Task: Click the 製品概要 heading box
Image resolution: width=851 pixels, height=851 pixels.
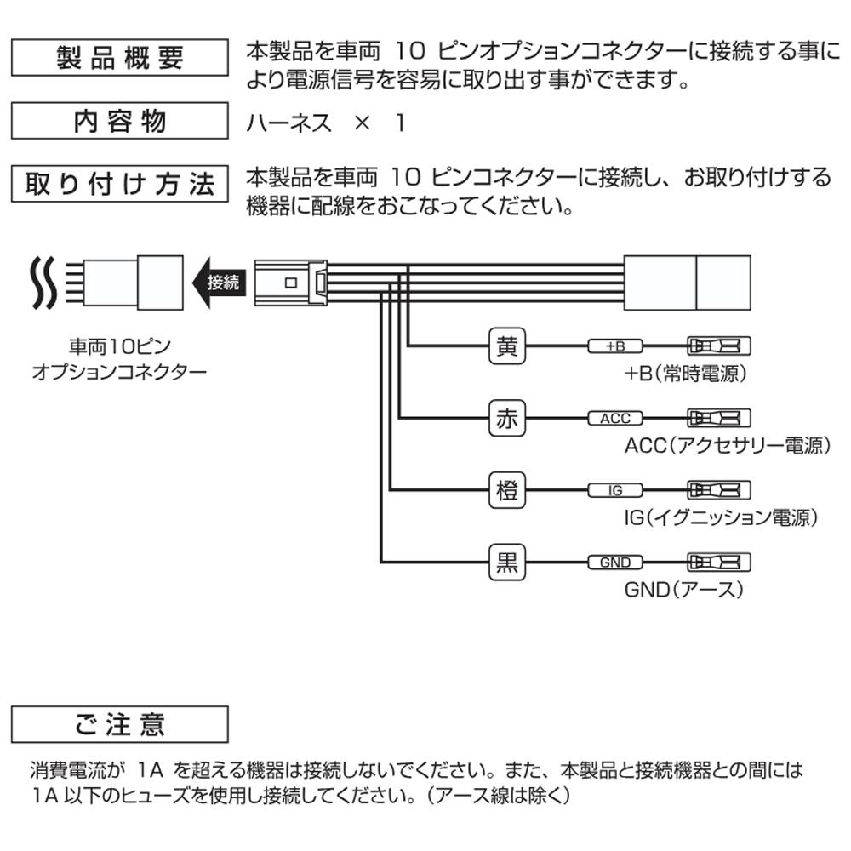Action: point(119,58)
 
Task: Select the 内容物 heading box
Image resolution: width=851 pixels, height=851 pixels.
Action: point(119,121)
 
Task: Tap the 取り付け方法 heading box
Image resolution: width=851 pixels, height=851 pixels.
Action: point(119,184)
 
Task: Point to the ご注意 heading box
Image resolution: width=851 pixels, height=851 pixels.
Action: point(119,724)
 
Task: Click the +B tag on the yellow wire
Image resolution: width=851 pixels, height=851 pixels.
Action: point(615,346)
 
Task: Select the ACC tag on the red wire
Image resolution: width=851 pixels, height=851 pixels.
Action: point(615,419)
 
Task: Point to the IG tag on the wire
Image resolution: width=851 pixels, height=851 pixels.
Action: point(615,490)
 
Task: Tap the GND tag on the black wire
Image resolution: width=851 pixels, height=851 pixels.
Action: point(615,563)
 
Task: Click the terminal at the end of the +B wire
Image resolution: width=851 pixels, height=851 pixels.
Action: point(719,346)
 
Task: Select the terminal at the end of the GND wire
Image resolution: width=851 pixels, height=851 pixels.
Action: point(719,563)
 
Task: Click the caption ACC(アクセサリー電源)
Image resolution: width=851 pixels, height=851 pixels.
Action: point(726,445)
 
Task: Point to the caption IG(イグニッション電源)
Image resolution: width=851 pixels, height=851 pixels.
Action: point(720,517)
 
